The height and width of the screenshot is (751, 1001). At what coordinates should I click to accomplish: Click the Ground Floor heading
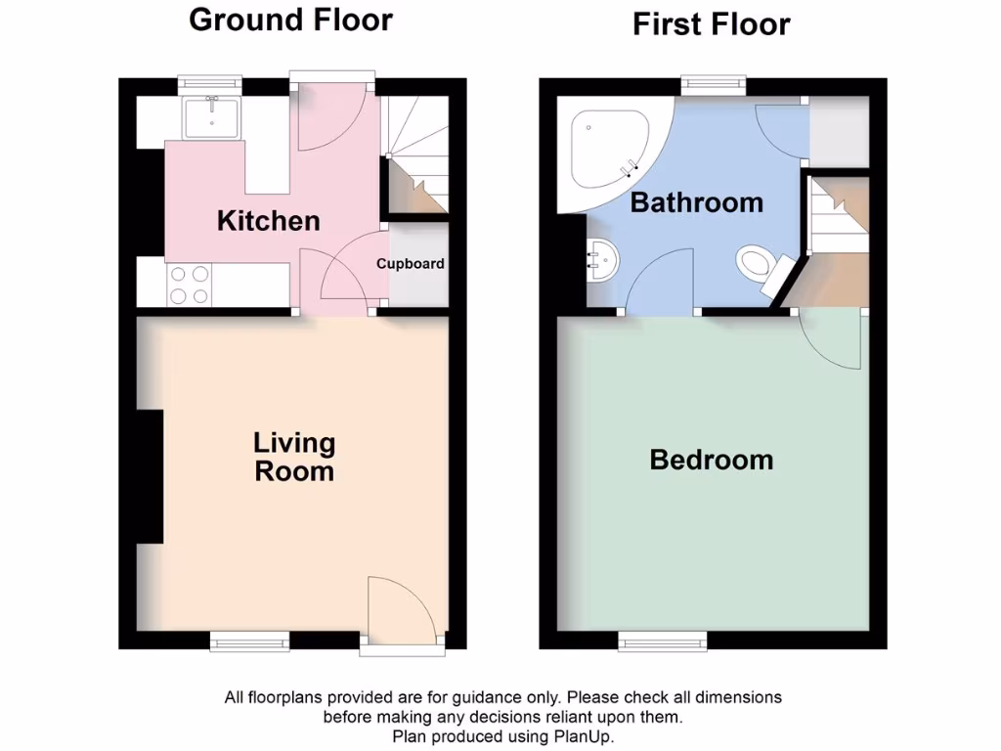point(290,20)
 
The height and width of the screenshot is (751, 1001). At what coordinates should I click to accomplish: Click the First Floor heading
point(711,23)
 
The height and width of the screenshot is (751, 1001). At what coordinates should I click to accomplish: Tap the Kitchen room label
point(268,221)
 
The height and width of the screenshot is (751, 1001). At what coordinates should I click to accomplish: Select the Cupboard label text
point(411,264)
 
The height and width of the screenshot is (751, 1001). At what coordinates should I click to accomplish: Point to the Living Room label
point(294,457)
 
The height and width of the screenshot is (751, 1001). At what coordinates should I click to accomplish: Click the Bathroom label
point(696,203)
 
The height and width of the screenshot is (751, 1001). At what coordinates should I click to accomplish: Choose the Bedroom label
point(711,460)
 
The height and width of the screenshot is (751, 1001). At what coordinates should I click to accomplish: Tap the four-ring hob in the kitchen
point(188,285)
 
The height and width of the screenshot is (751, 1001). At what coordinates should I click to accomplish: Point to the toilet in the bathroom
point(758,264)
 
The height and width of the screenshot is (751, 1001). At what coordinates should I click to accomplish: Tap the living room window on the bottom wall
point(249,641)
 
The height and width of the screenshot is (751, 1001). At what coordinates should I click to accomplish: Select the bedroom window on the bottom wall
point(663,641)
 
